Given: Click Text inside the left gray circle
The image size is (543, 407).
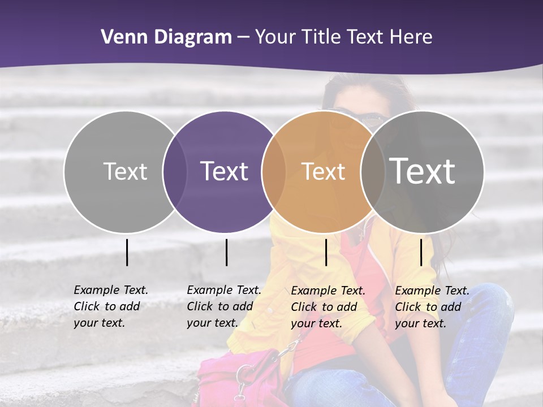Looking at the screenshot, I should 125,171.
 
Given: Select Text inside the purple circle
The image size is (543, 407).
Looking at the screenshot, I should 224,171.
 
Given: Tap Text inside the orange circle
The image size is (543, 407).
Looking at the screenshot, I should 323,171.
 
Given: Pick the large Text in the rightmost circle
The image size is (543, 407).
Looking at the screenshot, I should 422,171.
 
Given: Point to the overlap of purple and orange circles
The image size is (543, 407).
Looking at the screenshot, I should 274,171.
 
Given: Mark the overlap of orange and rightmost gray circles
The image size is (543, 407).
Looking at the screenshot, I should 373,171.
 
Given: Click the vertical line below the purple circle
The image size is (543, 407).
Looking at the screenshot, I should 226,252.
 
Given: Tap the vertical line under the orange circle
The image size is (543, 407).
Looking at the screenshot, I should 326,252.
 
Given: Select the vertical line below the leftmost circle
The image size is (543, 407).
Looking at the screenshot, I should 127,252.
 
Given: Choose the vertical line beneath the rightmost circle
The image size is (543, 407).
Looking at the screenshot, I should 421,252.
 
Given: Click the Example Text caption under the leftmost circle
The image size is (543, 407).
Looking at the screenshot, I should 110,306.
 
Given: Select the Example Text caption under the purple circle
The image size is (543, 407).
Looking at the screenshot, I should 223,306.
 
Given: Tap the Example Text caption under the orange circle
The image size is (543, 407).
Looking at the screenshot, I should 327,307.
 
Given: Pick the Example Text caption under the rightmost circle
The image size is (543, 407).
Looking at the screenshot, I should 432,307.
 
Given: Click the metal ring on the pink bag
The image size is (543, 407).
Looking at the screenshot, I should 244,374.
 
